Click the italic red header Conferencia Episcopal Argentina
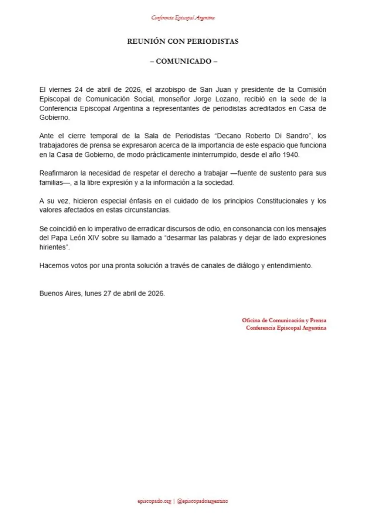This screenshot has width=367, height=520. click(x=183, y=18)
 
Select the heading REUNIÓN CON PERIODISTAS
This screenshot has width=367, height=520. click(x=183, y=42)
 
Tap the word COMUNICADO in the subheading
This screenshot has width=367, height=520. click(x=183, y=61)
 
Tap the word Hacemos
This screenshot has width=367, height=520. click(x=52, y=266)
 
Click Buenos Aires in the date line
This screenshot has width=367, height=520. click(x=58, y=293)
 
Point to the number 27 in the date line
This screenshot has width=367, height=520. click(x=108, y=293)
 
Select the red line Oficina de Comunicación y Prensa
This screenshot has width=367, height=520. click(x=284, y=320)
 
